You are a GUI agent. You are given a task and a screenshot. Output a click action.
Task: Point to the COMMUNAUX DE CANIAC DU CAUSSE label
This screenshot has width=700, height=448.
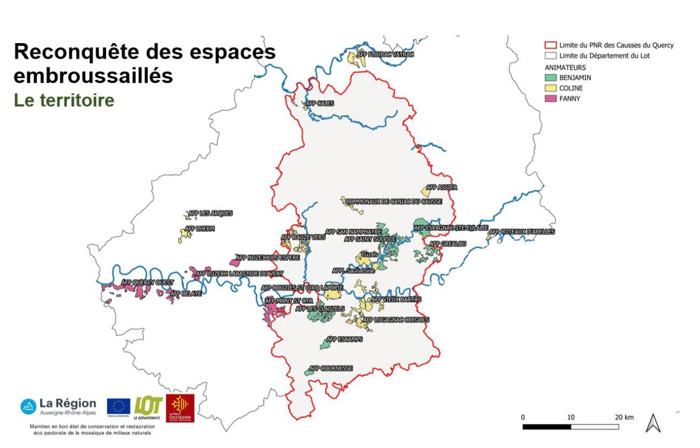point(394,201)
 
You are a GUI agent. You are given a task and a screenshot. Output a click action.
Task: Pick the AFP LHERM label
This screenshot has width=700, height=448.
point(200,229)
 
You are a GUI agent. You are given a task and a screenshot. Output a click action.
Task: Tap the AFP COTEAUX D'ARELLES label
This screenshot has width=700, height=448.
point(521,232)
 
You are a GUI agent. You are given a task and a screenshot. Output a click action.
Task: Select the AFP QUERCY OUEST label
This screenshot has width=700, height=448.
point(148,282)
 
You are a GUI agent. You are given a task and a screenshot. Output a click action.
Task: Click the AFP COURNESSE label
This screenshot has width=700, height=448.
point(330,369)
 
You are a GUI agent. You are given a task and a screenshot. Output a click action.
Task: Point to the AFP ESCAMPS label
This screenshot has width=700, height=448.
point(345,340)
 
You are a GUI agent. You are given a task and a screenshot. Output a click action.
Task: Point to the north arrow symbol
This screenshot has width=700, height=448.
point(654,423)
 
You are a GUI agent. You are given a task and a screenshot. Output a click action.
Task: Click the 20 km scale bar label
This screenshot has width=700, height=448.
point(625,417)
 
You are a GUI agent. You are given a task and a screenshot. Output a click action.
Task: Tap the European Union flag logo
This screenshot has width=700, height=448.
point(118,406)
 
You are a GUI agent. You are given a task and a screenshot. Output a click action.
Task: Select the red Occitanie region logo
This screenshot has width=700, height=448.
point(180,408)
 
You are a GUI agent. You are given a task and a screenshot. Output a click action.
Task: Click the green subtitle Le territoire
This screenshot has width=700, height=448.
point(64,101)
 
